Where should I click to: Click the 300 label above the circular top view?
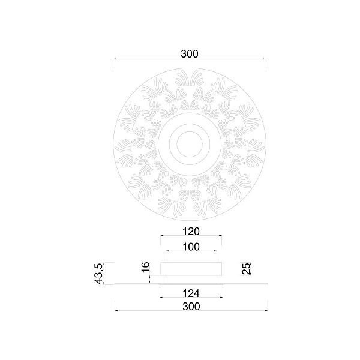click(190, 54)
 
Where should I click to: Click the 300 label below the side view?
click(191, 307)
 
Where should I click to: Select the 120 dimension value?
click(191, 232)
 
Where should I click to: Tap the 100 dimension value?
click(191, 247)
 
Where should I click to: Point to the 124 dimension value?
click(191, 293)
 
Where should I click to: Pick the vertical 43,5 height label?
click(98, 274)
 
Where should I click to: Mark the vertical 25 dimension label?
click(247, 269)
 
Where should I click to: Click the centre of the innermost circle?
click(190, 144)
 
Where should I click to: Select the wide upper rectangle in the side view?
click(191, 269)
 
